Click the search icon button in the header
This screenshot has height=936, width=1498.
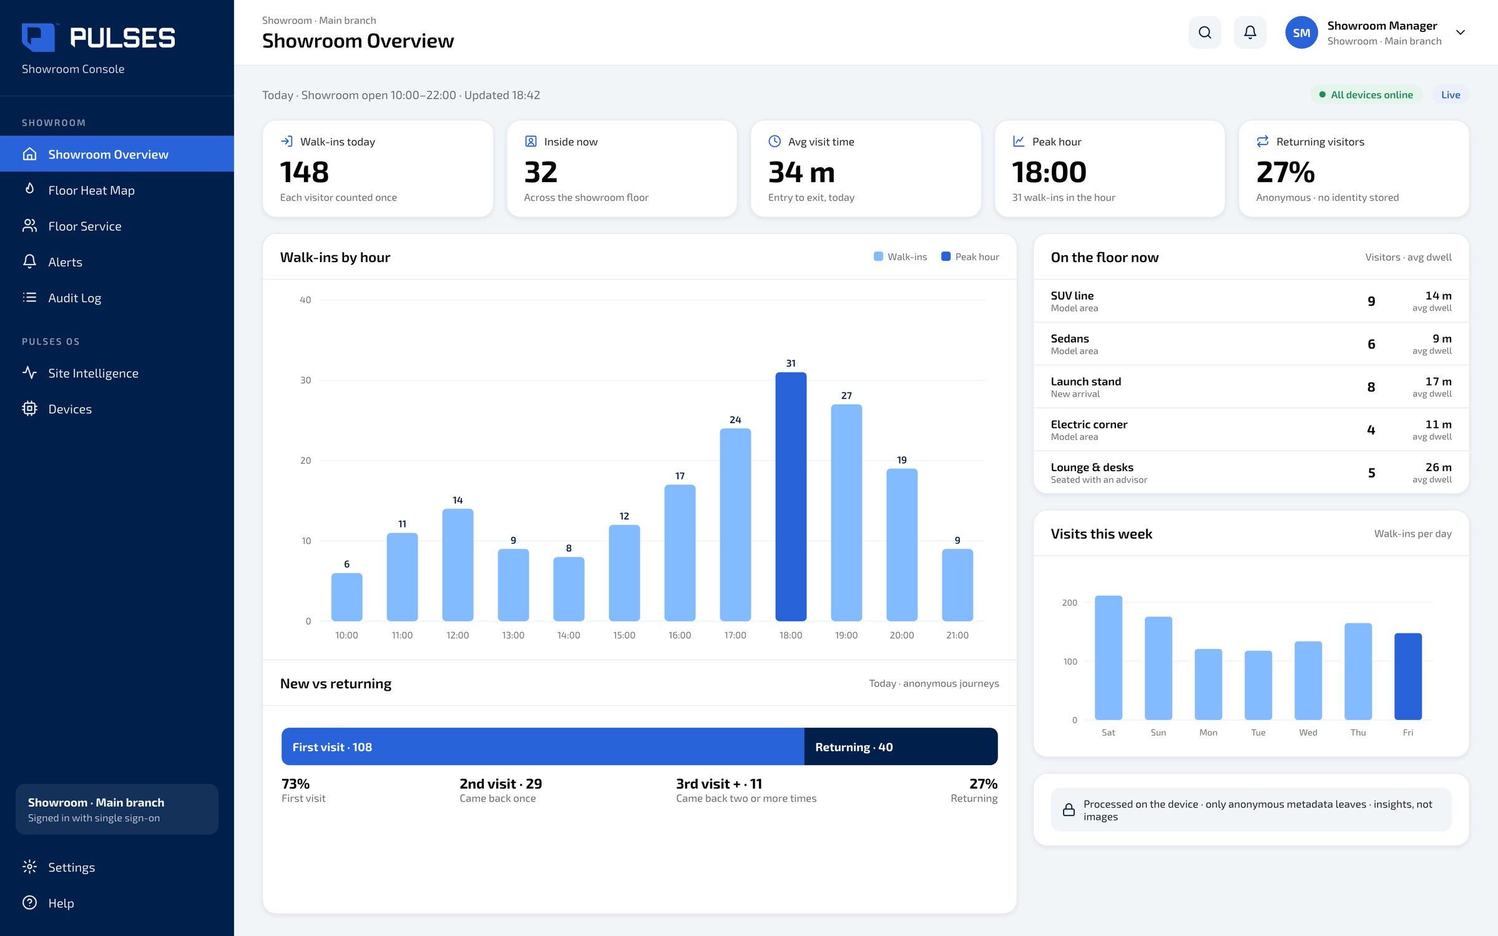pyautogui.click(x=1205, y=32)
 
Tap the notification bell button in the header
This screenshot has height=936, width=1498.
pyautogui.click(x=1250, y=32)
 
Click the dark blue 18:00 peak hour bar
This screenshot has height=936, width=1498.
pyautogui.click(x=791, y=497)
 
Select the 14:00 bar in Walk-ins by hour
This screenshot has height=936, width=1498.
pyautogui.click(x=569, y=589)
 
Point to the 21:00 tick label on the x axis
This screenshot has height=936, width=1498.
pyautogui.click(x=957, y=635)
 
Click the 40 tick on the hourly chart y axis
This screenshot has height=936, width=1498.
pyautogui.click(x=305, y=300)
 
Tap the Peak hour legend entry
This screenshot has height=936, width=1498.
pyautogui.click(x=970, y=256)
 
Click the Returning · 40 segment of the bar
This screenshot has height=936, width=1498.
pyautogui.click(x=901, y=746)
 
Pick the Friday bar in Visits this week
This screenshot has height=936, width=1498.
pyautogui.click(x=1408, y=676)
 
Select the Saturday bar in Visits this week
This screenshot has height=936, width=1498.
pyautogui.click(x=1109, y=658)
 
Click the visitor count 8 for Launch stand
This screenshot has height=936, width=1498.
pyautogui.click(x=1371, y=387)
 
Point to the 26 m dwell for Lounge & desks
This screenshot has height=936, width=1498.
pyautogui.click(x=1439, y=467)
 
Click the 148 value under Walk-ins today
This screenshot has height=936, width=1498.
pyautogui.click(x=304, y=172)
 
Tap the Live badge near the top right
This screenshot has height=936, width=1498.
pyautogui.click(x=1451, y=95)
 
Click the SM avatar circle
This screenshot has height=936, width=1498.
pyautogui.click(x=1301, y=32)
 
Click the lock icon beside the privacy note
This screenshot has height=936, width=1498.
pyautogui.click(x=1069, y=810)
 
